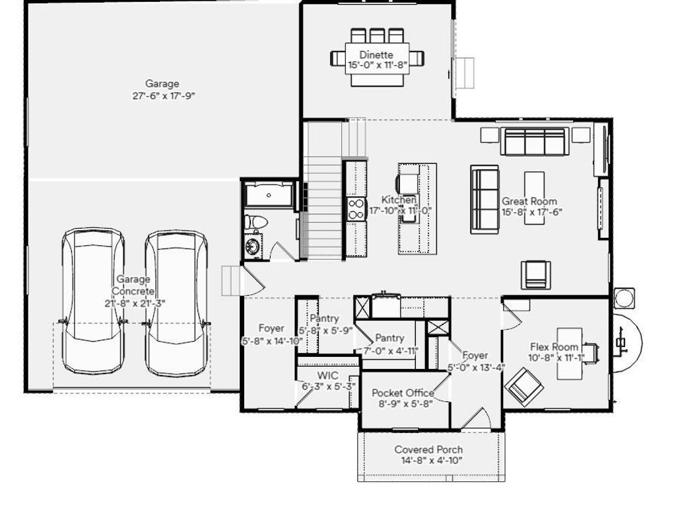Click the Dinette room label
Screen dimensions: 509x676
click(376, 55)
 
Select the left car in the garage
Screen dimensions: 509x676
click(93, 301)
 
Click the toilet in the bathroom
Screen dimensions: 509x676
click(254, 221)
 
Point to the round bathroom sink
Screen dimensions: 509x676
click(253, 247)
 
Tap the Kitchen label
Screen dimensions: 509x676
click(399, 200)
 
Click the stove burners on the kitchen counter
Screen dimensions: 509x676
click(356, 209)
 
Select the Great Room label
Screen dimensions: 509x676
click(529, 201)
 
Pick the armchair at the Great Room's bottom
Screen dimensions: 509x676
click(535, 274)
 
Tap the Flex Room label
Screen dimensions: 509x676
click(555, 347)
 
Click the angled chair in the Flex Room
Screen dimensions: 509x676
click(524, 385)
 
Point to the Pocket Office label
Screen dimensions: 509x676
click(403, 393)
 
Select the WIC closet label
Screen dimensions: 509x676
click(327, 375)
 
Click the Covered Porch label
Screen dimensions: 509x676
click(428, 450)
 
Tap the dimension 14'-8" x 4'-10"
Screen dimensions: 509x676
click(428, 460)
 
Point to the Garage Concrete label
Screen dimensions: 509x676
click(134, 286)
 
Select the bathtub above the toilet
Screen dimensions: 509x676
click(268, 194)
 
